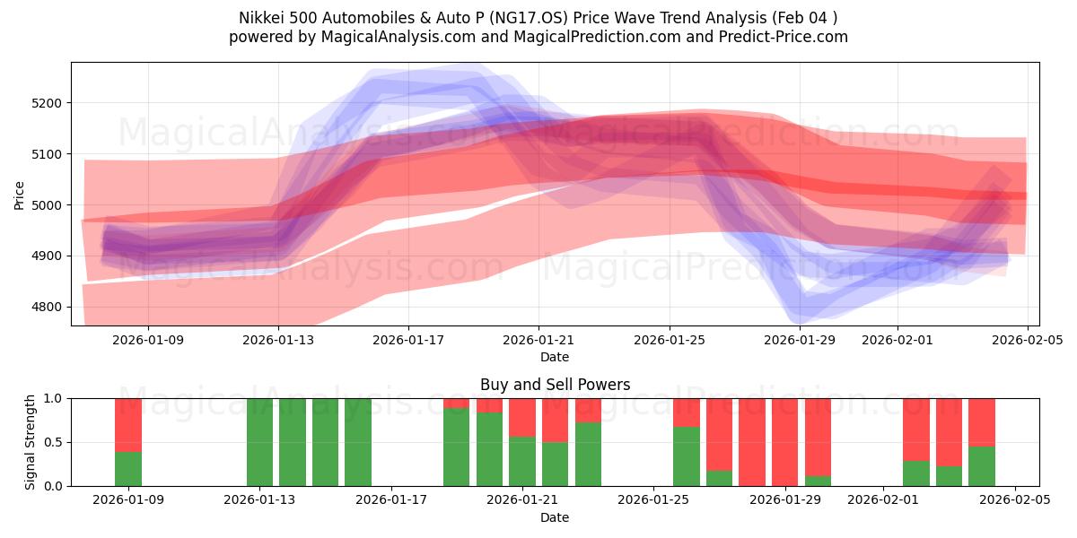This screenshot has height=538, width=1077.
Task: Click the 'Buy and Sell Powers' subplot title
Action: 555,385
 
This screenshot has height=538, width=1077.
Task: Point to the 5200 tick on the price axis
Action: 46,103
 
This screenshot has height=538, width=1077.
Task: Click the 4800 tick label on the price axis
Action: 46,308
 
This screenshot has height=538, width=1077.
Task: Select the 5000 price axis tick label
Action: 46,205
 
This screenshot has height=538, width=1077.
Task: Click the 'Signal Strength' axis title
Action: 31,441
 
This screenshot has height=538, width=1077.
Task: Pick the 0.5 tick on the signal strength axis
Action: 53,442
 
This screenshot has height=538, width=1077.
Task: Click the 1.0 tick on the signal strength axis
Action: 53,398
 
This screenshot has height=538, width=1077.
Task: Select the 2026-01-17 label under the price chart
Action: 408,340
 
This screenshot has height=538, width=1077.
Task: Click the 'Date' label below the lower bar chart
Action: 555,517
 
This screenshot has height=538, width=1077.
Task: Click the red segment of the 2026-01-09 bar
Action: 128,424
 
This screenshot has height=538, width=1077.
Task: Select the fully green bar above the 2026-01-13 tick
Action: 259,442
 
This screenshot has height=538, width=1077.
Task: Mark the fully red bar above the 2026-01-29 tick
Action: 785,442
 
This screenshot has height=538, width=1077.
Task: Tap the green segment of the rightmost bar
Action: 982,466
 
